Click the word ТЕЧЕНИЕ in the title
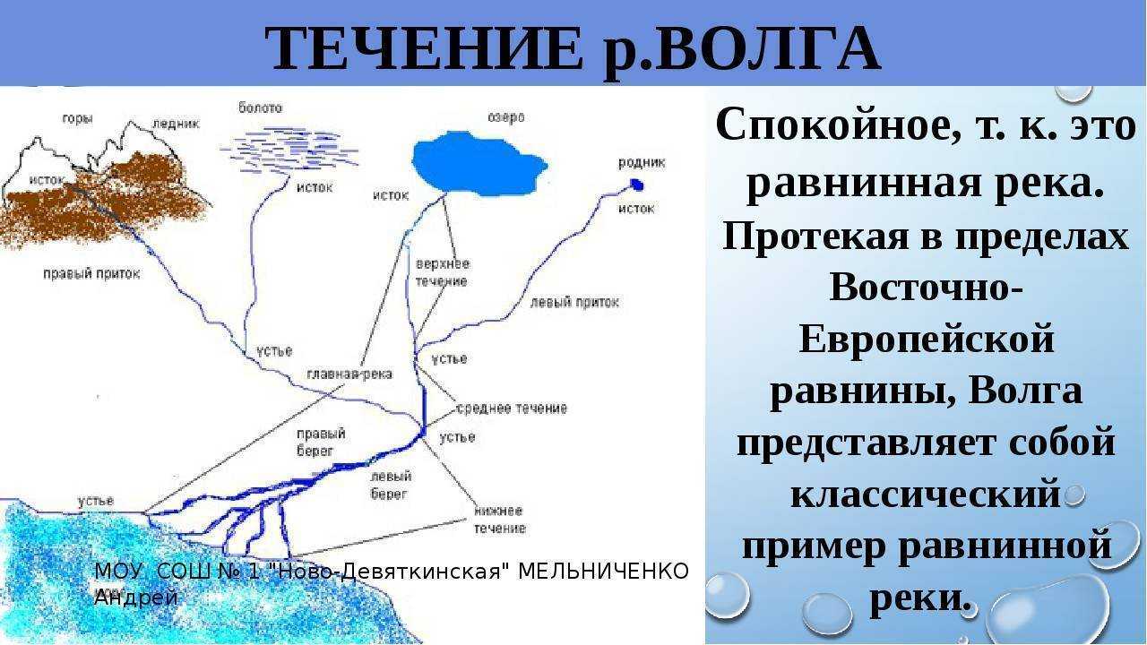[424, 48]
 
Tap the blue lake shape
[479, 164]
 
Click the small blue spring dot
[636, 184]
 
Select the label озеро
[506, 117]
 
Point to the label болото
[260, 107]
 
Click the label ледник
[176, 124]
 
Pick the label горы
[77, 119]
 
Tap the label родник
[642, 163]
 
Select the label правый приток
[91, 274]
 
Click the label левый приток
[574, 302]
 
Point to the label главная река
[349, 374]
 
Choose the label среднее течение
[512, 408]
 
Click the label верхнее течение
[443, 272]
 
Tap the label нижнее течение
[500, 520]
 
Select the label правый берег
[321, 443]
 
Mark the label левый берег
[391, 486]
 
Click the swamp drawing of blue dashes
[289, 150]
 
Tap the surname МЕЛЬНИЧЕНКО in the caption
[603, 572]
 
